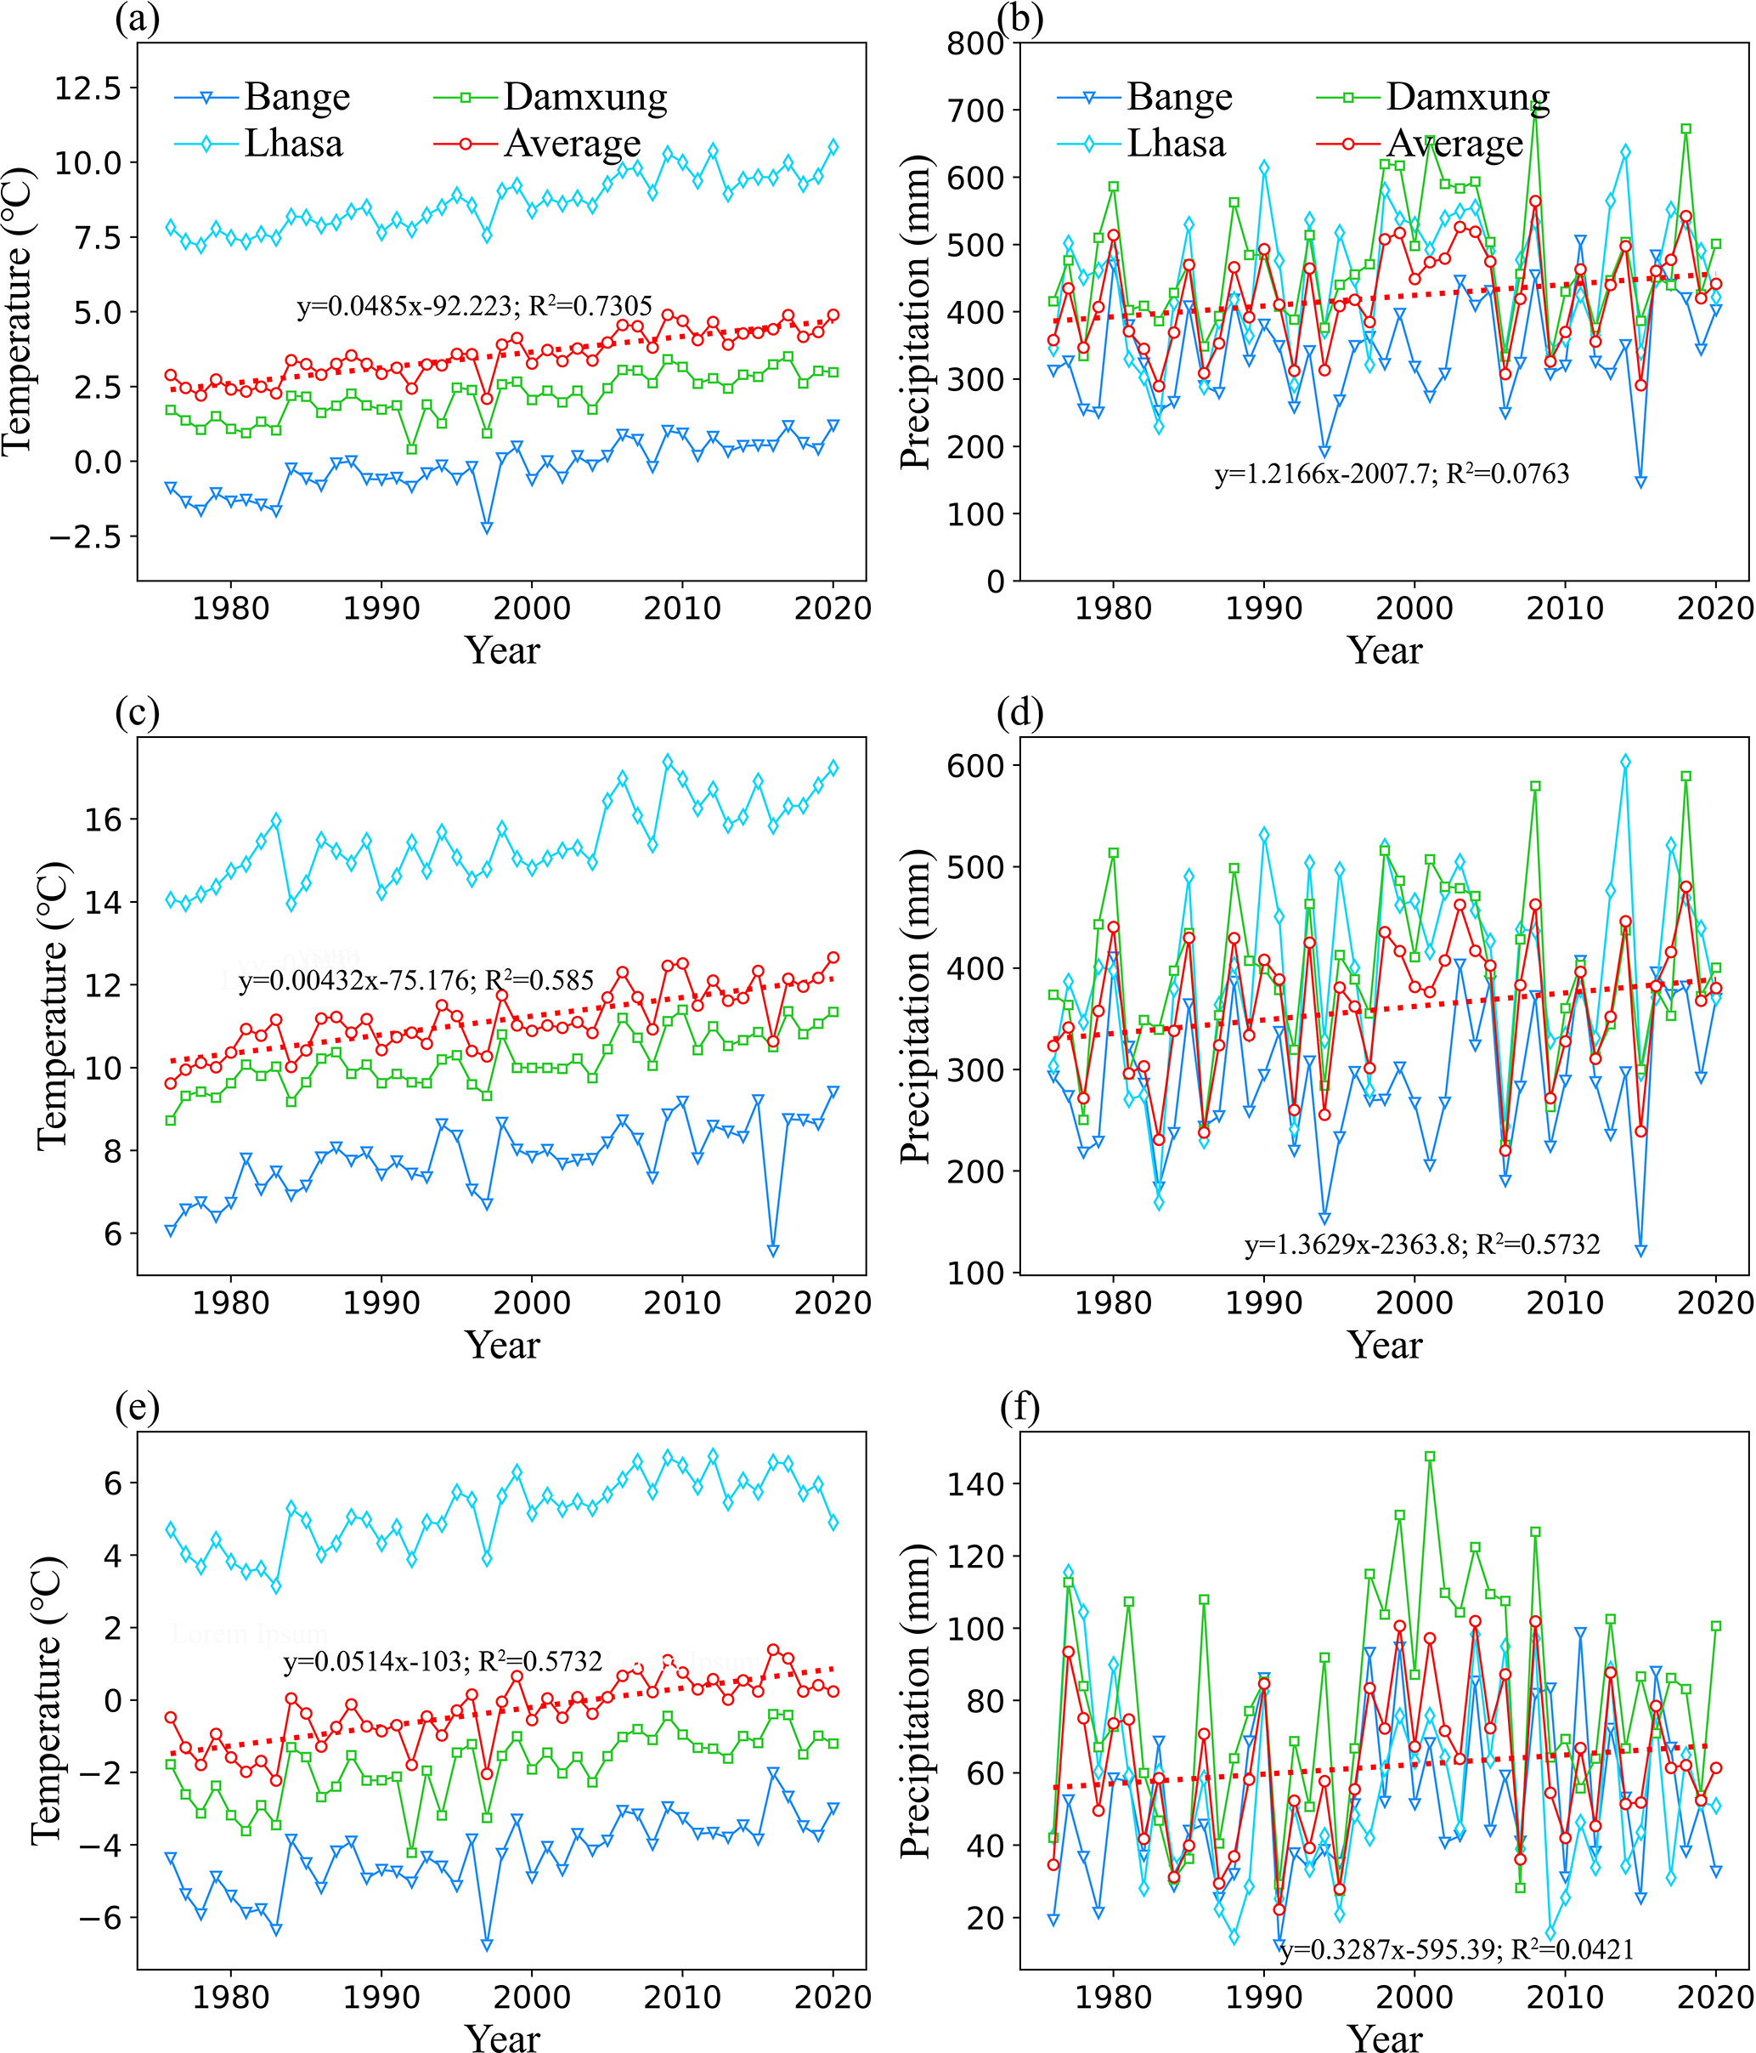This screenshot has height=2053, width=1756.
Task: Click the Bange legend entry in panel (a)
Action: [296, 97]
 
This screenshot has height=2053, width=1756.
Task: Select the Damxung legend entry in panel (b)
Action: [1468, 97]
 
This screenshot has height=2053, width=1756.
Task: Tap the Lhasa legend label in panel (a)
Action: [293, 144]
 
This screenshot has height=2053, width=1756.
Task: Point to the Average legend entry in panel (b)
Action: [1454, 144]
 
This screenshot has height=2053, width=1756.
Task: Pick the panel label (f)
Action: [1021, 1408]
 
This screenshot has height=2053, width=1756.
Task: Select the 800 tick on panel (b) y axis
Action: [974, 43]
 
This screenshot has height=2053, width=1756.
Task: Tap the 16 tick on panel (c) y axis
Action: [103, 819]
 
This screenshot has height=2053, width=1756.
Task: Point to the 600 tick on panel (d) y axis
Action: [974, 765]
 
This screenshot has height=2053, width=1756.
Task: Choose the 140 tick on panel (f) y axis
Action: [974, 1483]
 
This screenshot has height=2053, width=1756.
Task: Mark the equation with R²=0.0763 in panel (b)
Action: [1392, 474]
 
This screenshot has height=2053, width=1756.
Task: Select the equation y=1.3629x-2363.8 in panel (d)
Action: [1422, 1245]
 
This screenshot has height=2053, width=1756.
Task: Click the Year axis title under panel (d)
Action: [1385, 1346]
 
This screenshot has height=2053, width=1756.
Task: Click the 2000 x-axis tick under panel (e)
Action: [532, 1998]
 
